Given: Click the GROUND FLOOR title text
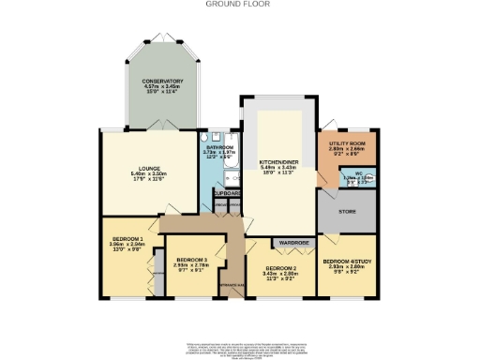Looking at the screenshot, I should [x=240, y=5].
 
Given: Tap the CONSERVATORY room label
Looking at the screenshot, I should [x=162, y=82].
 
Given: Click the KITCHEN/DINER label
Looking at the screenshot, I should [x=278, y=161].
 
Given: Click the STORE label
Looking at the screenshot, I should [x=348, y=213].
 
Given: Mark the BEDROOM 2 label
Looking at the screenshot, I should [x=280, y=269].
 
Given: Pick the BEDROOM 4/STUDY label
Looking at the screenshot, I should [x=348, y=262].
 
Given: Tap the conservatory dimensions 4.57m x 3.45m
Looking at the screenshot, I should [x=162, y=87].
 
